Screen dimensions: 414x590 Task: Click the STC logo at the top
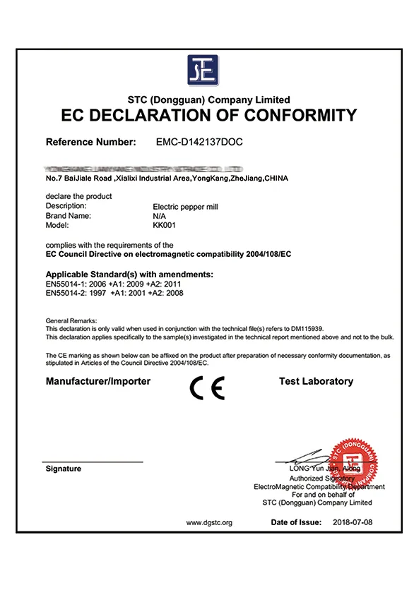coord(203,70)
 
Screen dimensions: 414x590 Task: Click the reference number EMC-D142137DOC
coord(199,142)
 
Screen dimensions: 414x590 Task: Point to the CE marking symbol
coord(208,388)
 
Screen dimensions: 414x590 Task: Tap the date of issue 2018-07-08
coord(351,522)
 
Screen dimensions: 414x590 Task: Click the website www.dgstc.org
coord(209,523)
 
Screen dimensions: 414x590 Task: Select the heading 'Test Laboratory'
coord(316,381)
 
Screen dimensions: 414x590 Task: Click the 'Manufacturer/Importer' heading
coord(98,381)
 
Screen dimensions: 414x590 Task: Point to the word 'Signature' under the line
coord(64,469)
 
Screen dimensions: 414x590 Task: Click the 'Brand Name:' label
coord(69,216)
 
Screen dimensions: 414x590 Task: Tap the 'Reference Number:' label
coord(91,142)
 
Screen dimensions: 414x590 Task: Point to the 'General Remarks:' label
coord(71,320)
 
